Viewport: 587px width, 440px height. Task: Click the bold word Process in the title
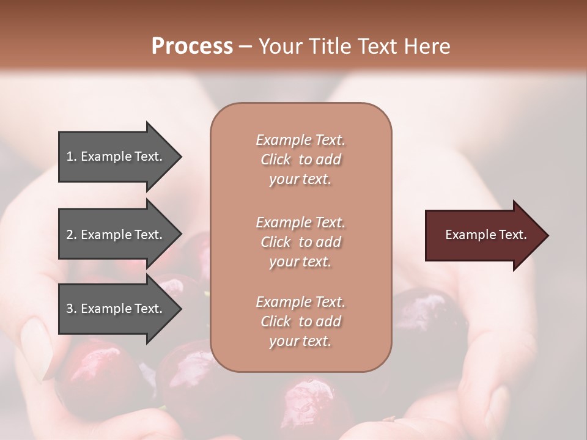coord(192,46)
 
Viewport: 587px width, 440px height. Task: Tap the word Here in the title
coord(427,46)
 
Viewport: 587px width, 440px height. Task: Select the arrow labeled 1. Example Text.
coord(116,156)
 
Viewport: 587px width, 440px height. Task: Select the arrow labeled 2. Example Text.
coord(116,235)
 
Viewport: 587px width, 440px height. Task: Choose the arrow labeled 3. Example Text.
coord(116,309)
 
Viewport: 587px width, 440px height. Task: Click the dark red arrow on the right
coord(483,235)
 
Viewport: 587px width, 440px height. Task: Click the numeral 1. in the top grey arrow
coord(71,156)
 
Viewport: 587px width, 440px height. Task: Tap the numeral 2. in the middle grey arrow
coord(71,235)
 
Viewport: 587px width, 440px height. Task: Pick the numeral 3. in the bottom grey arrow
coord(71,309)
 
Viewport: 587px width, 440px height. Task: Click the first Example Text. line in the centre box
coord(300,140)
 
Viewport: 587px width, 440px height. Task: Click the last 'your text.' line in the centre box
coord(300,341)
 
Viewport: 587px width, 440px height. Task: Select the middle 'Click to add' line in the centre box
coord(300,242)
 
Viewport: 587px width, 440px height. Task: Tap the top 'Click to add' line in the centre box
coord(300,159)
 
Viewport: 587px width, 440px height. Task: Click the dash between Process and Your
coord(245,46)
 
